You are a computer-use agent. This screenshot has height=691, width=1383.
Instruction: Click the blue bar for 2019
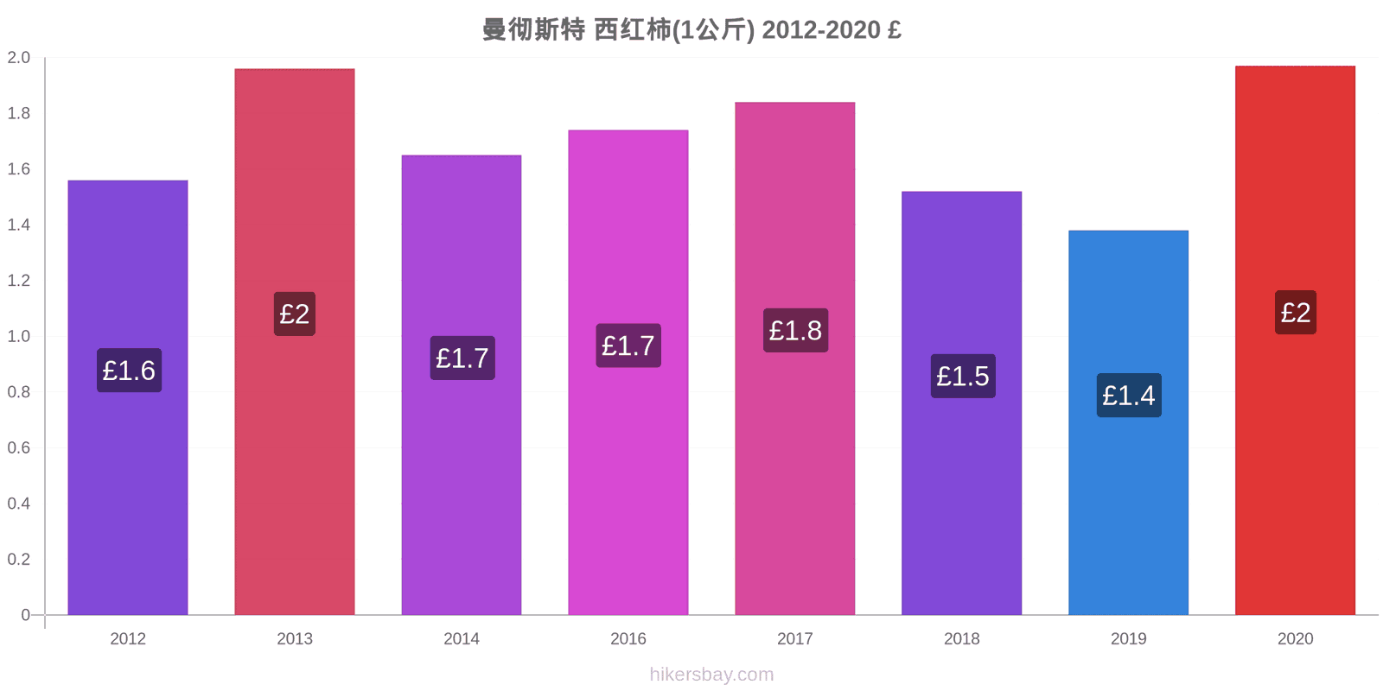click(1128, 422)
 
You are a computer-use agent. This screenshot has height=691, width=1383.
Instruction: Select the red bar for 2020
click(1296, 340)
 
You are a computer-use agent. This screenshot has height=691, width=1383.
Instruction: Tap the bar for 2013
click(295, 342)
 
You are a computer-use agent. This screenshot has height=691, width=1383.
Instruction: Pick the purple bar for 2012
click(128, 398)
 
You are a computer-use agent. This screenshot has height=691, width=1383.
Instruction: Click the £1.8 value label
click(795, 330)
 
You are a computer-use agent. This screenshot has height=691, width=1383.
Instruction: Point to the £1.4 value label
click(1129, 396)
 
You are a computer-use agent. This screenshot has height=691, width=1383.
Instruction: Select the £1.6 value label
click(129, 371)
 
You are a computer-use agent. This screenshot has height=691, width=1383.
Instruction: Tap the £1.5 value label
click(963, 376)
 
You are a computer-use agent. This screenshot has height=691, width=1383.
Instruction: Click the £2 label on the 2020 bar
click(1296, 312)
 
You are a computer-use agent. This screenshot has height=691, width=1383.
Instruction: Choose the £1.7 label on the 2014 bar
click(462, 358)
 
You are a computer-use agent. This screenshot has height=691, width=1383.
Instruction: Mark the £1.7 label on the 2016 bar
click(628, 345)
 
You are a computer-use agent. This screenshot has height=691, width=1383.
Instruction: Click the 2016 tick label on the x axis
click(628, 638)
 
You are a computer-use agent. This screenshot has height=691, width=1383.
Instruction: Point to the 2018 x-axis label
click(961, 638)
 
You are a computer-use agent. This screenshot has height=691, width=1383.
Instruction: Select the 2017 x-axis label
click(794, 638)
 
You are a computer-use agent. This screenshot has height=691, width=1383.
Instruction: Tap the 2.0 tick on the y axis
click(18, 57)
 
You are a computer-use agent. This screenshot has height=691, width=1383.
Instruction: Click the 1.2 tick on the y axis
click(18, 281)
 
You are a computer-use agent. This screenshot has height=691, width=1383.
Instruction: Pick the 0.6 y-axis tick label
click(18, 448)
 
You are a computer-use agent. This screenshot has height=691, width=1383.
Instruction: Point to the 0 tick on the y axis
click(25, 615)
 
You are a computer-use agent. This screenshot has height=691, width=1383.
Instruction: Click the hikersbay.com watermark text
click(711, 674)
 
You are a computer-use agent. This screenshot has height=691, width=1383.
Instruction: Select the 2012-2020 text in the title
click(821, 29)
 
